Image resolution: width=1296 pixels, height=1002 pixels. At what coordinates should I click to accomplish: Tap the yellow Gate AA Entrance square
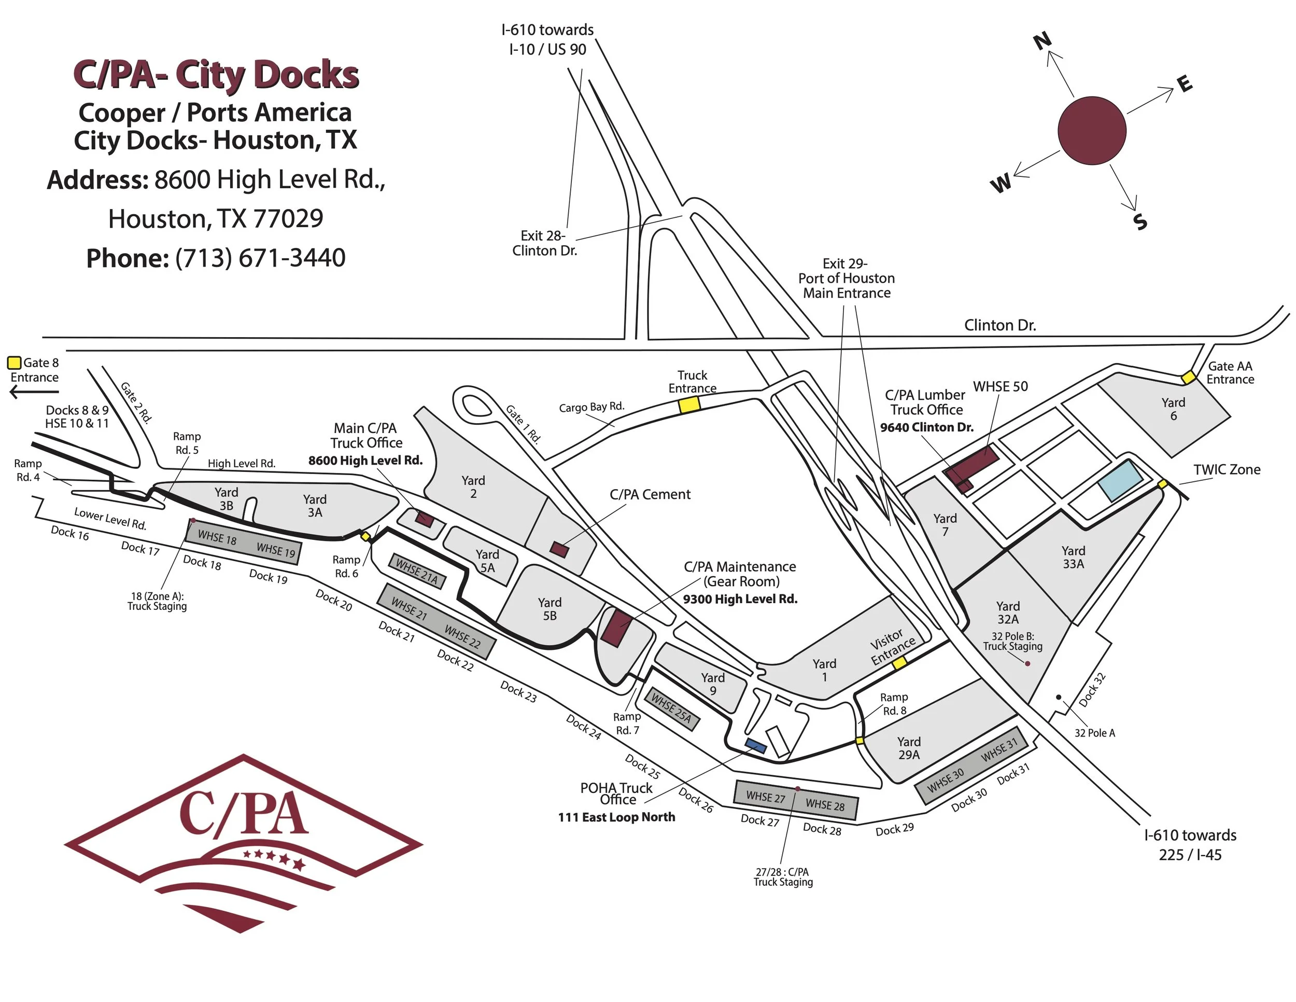pyautogui.click(x=1188, y=377)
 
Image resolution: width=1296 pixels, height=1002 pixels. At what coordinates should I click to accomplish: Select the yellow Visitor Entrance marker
pyautogui.click(x=899, y=663)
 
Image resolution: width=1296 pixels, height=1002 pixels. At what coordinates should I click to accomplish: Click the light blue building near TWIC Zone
pyautogui.click(x=1120, y=481)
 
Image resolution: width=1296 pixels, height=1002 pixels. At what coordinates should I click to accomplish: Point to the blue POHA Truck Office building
pyautogui.click(x=755, y=746)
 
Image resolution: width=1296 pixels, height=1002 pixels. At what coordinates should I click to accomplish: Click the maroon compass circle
pyautogui.click(x=1091, y=130)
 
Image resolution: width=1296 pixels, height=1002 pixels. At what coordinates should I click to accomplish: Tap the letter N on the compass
pyautogui.click(x=1043, y=40)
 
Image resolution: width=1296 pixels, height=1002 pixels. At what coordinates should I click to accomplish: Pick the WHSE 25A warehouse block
pyautogui.click(x=672, y=709)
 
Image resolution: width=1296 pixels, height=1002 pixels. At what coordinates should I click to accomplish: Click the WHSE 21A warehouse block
pyautogui.click(x=417, y=571)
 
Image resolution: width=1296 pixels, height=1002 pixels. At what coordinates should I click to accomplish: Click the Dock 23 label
pyautogui.click(x=518, y=691)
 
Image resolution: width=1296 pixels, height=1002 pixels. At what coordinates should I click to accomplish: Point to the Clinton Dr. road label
pyautogui.click(x=1000, y=325)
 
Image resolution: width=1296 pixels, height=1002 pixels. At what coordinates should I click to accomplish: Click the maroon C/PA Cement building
pyautogui.click(x=559, y=549)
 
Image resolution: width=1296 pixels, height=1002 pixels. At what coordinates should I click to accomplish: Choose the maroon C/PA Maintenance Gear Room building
pyautogui.click(x=616, y=627)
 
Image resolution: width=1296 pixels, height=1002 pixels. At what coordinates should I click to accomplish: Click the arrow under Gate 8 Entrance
pyautogui.click(x=34, y=392)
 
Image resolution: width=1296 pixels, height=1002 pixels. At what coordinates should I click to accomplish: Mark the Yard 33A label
pyautogui.click(x=1073, y=558)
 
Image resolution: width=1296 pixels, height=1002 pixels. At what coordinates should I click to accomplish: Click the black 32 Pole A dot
pyautogui.click(x=1058, y=697)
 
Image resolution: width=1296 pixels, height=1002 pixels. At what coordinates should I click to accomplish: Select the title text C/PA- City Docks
pyautogui.click(x=216, y=75)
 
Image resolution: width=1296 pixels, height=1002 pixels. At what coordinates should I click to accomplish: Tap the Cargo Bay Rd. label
pyautogui.click(x=591, y=407)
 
